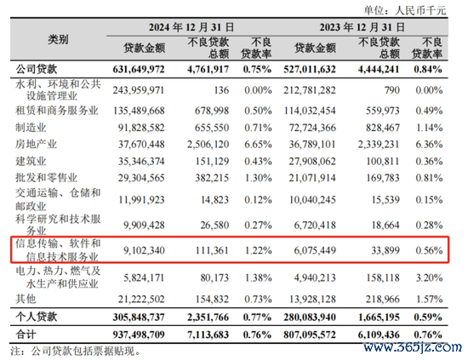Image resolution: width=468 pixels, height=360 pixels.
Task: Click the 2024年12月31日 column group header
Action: (191, 27)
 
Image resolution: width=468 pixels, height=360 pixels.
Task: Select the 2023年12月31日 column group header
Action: (362, 27)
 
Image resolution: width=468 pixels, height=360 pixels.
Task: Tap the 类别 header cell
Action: (58, 39)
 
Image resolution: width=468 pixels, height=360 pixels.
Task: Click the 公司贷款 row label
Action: (36, 69)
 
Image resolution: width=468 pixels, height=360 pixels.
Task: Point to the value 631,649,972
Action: (139, 70)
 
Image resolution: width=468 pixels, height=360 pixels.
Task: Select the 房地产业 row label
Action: (36, 145)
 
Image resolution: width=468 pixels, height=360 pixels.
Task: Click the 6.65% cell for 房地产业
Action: (258, 145)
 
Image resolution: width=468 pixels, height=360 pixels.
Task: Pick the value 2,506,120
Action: (208, 145)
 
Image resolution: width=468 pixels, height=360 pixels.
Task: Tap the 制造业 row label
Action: (31, 128)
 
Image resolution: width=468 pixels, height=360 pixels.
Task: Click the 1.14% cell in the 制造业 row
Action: (429, 128)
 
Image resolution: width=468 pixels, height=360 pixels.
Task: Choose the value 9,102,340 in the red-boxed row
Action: (144, 250)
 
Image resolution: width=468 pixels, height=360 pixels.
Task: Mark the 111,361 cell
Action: (212, 250)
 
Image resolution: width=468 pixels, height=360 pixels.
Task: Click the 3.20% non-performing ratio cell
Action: (429, 278)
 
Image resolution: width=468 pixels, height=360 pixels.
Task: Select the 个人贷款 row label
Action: (36, 317)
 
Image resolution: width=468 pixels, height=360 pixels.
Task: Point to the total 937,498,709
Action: (139, 334)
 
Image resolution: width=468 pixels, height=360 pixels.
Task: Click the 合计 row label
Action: (26, 334)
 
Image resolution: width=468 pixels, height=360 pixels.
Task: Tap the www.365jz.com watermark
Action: (412, 347)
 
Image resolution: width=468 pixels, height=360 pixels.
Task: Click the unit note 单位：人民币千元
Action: (405, 11)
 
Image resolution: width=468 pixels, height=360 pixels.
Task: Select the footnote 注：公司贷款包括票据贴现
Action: (75, 351)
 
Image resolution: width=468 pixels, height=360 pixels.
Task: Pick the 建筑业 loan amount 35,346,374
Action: (141, 162)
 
